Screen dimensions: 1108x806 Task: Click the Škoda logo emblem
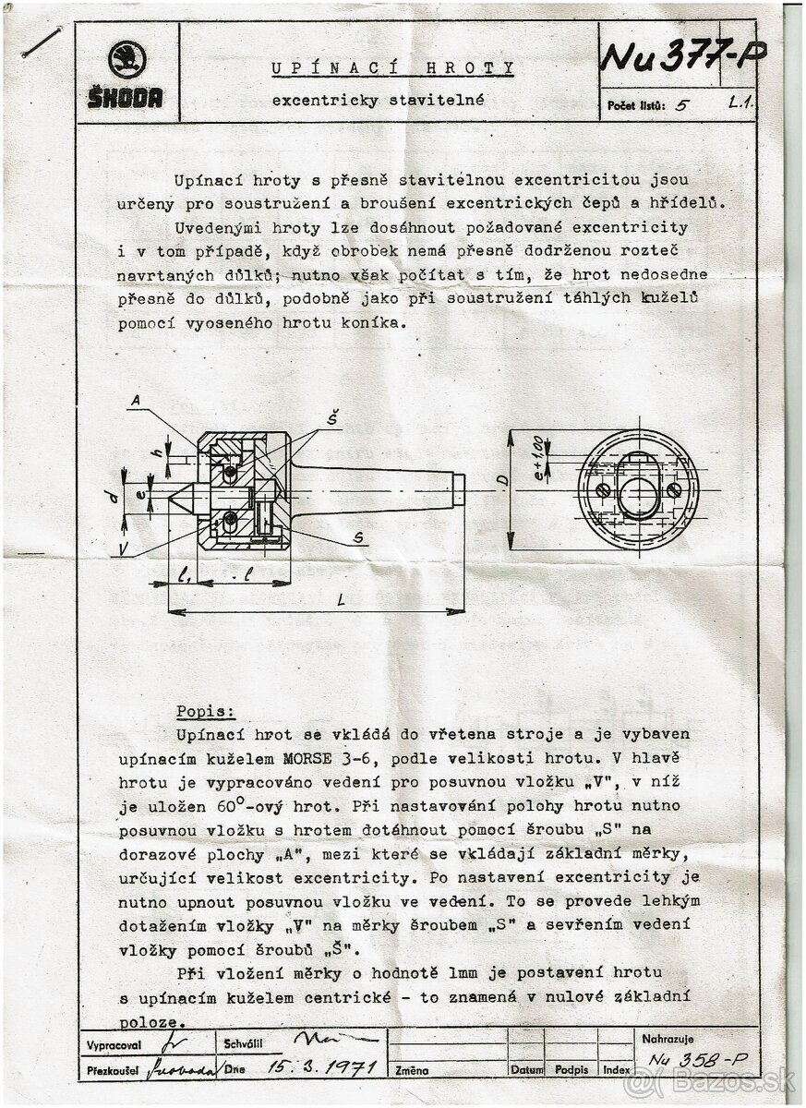pyautogui.click(x=126, y=62)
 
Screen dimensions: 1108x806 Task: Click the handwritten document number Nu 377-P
pyautogui.click(x=682, y=57)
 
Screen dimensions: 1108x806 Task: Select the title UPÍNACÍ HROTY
pyautogui.click(x=392, y=68)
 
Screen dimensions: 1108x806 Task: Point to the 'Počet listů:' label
pyautogui.click(x=636, y=105)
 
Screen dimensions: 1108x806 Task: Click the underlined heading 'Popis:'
pyautogui.click(x=206, y=712)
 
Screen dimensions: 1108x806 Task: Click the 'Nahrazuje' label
pyautogui.click(x=668, y=1040)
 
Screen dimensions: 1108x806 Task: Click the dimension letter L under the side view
pyautogui.click(x=341, y=600)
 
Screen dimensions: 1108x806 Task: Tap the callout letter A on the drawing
pyautogui.click(x=135, y=401)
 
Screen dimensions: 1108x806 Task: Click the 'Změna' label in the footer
pyautogui.click(x=413, y=1071)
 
